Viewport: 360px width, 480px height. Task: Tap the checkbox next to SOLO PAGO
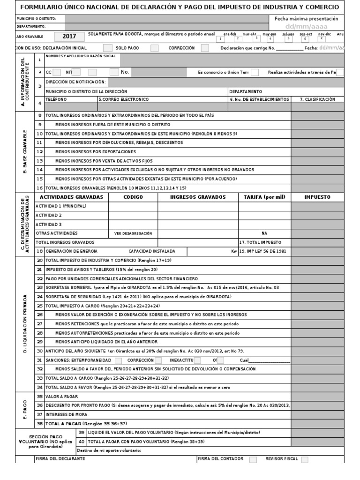108,48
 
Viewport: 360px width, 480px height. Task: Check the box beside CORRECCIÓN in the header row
205,48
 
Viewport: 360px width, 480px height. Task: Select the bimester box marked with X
322,38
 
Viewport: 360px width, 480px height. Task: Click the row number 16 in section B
40,187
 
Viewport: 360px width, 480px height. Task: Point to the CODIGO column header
133,197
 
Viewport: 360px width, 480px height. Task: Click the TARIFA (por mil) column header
264,197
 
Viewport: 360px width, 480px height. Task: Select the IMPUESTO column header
317,197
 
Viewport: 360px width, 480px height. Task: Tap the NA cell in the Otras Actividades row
264,233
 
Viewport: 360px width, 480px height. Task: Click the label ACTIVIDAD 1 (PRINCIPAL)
61,206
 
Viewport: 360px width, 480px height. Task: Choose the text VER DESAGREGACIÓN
133,233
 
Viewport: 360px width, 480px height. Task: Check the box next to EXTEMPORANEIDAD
118,360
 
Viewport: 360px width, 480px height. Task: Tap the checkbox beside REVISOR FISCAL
305,459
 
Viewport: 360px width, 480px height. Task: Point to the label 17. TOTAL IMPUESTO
260,242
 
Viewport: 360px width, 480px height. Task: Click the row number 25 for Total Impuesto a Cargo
40,305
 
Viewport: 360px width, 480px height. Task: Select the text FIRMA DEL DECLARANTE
60,458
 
